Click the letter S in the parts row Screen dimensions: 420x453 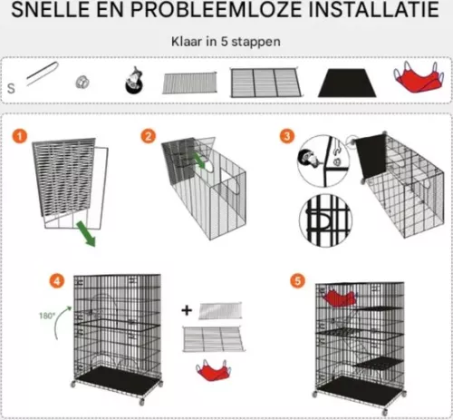coord(11,89)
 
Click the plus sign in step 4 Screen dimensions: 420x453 coord(187,311)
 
